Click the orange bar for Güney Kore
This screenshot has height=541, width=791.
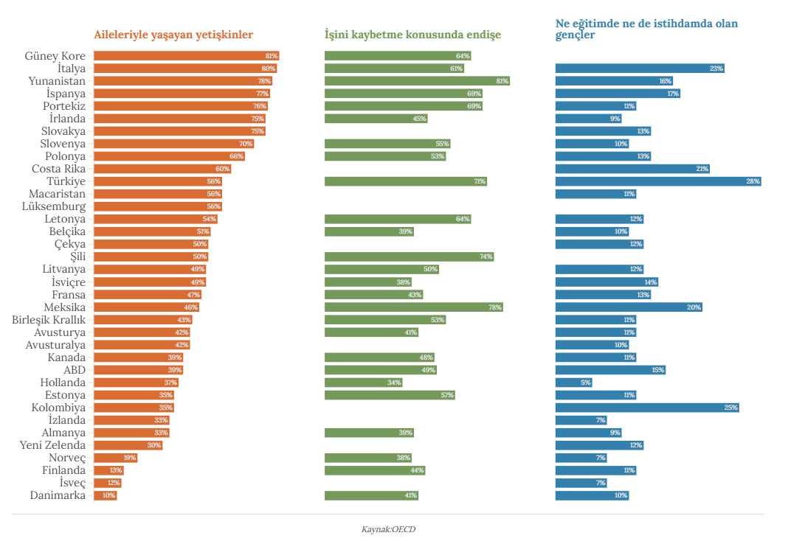pyautogui.click(x=186, y=56)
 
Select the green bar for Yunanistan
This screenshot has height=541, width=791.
pyautogui.click(x=417, y=81)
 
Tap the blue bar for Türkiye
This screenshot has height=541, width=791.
pyautogui.click(x=657, y=181)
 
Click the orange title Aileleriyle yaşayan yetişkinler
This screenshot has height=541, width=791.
pyautogui.click(x=173, y=35)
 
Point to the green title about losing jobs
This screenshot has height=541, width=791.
pyautogui.click(x=412, y=35)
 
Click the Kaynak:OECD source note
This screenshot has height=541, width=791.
pyautogui.click(x=389, y=529)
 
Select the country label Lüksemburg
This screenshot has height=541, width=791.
pyautogui.click(x=54, y=206)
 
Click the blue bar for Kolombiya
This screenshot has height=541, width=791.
pyautogui.click(x=646, y=408)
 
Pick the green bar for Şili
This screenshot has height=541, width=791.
pyautogui.click(x=409, y=256)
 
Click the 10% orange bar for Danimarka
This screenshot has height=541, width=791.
pyautogui.click(x=105, y=495)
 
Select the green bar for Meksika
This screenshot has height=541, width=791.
pyautogui.click(x=413, y=307)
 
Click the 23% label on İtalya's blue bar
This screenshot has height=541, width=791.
pyautogui.click(x=716, y=69)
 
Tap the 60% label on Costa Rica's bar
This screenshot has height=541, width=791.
pyautogui.click(x=222, y=169)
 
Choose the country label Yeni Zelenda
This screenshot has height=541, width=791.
pyautogui.click(x=52, y=445)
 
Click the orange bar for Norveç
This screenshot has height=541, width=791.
pyautogui.click(x=115, y=458)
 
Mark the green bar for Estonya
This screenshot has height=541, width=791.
pyautogui.click(x=390, y=395)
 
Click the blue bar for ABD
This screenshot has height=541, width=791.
pyautogui.click(x=610, y=370)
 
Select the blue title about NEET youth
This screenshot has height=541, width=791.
pyautogui.click(x=646, y=29)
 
